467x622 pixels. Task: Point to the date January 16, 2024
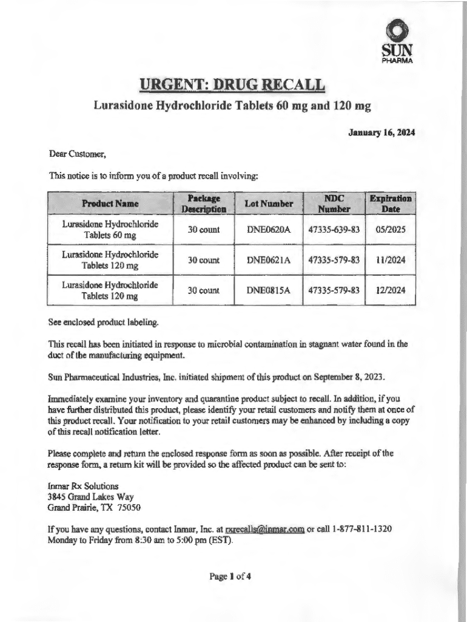coord(381,132)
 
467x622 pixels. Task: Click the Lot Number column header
coord(269,204)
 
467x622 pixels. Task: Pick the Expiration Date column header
coord(391,204)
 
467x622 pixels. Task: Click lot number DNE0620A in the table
coord(269,230)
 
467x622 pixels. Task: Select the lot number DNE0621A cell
coord(269,261)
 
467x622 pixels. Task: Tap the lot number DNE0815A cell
coord(269,290)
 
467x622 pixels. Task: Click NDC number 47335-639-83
coord(334,230)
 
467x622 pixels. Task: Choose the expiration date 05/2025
coord(391,230)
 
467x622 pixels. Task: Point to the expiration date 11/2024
coord(391,261)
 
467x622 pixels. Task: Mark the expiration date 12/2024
coord(391,290)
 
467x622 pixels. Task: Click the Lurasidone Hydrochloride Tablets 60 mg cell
coord(110,230)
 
